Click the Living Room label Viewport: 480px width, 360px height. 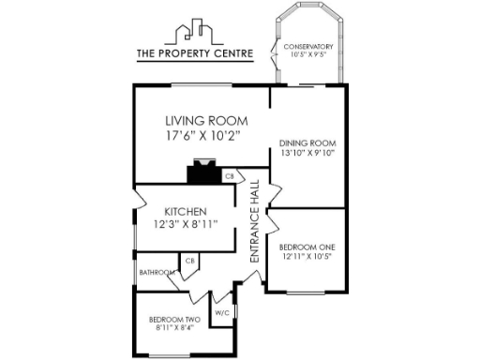pyautogui.click(x=205, y=121)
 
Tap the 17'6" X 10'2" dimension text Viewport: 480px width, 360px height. pyautogui.click(x=203, y=136)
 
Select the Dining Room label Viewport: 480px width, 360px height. pyautogui.click(x=307, y=143)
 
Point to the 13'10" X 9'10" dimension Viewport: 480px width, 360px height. pyautogui.click(x=307, y=153)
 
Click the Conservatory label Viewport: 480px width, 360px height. pyautogui.click(x=308, y=46)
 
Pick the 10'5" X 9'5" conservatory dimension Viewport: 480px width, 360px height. pyautogui.click(x=308, y=54)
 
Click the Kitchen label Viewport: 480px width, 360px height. pyautogui.click(x=186, y=211)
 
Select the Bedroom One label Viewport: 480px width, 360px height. pyautogui.click(x=307, y=247)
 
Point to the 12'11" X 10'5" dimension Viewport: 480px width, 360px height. pyautogui.click(x=307, y=256)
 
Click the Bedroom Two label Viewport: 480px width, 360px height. pyautogui.click(x=172, y=319)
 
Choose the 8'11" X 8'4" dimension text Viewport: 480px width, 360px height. pyautogui.click(x=172, y=328)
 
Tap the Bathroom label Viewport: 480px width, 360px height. pyautogui.click(x=156, y=273)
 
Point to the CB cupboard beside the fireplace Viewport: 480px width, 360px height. pyautogui.click(x=229, y=175)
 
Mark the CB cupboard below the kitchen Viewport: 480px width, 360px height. pyautogui.click(x=189, y=261)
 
